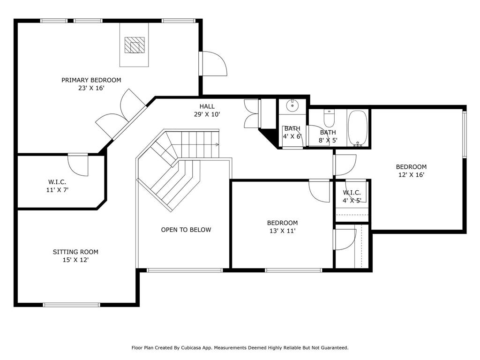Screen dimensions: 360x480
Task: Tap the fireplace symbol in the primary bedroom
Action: pos(134,45)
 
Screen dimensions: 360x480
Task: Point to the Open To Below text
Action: pos(186,230)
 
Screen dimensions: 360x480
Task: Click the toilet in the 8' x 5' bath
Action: pos(329,119)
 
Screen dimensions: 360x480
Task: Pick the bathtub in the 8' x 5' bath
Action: pos(359,128)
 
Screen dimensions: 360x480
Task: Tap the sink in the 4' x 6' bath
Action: pos(292,105)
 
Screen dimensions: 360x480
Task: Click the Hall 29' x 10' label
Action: pos(207,110)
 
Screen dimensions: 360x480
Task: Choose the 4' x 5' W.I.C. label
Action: pos(352,196)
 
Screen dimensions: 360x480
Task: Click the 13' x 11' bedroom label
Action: pos(282,226)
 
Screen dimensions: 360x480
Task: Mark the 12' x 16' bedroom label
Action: pos(411,171)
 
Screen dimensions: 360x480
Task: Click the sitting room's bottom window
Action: pos(72,305)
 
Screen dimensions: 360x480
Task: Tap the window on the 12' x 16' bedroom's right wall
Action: pos(464,134)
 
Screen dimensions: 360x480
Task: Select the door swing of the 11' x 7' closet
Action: pos(79,165)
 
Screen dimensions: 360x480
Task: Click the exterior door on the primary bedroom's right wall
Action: pos(213,63)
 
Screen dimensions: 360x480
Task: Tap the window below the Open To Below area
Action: pos(184,270)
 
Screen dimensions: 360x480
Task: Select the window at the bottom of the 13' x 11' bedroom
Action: pos(293,270)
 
